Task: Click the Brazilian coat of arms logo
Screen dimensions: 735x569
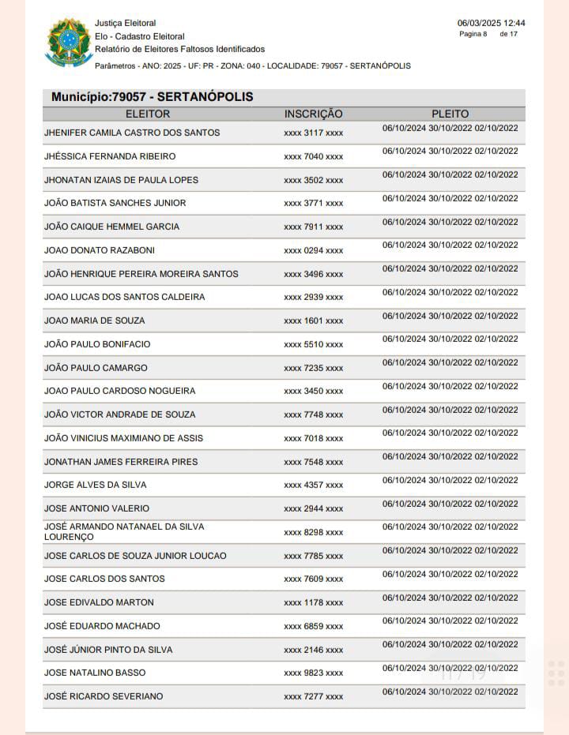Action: coord(69,43)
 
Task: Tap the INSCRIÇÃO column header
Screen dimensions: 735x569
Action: coord(313,114)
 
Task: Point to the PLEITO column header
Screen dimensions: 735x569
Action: coord(450,114)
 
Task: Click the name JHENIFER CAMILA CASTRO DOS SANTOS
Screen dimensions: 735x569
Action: coord(132,133)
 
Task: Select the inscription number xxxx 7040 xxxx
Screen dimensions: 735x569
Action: coord(313,156)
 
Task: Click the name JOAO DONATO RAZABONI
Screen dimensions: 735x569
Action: coord(100,250)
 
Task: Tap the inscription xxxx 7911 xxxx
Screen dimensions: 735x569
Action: coord(313,227)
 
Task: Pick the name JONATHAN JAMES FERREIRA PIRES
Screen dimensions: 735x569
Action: coord(121,462)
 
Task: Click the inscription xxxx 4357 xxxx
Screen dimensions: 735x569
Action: coord(313,486)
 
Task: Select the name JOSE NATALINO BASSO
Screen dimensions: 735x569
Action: coord(95,673)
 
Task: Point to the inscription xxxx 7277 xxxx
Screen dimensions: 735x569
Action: coord(313,697)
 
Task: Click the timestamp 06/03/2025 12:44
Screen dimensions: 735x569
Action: coord(491,23)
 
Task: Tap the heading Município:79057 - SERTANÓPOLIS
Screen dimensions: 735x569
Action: coord(152,97)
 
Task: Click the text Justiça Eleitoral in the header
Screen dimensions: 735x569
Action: coord(125,23)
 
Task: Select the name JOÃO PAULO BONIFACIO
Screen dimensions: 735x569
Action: coord(97,344)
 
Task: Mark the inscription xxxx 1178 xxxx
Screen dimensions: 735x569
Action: coord(313,603)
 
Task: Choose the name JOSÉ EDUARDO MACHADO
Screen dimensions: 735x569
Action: coord(102,626)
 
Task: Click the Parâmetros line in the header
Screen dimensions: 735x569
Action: coord(252,66)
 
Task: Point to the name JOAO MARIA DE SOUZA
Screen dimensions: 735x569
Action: coord(95,321)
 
